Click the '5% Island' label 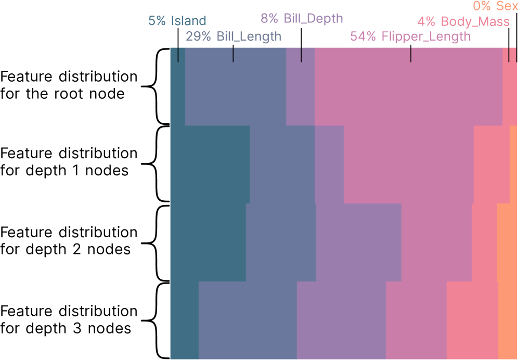point(177,21)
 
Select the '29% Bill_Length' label point(233,36)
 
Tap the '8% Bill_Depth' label point(302,19)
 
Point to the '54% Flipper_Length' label point(410,36)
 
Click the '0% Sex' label point(495,6)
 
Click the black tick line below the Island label point(178,54)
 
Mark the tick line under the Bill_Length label point(233,54)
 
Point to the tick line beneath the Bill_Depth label point(301,54)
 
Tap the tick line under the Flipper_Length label point(411,54)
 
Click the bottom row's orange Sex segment point(508,320)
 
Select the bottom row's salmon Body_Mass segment point(472,320)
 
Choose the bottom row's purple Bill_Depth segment point(341,320)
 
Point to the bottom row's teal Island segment point(184,320)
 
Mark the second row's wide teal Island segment point(210,164)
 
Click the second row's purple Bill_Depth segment point(329,164)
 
